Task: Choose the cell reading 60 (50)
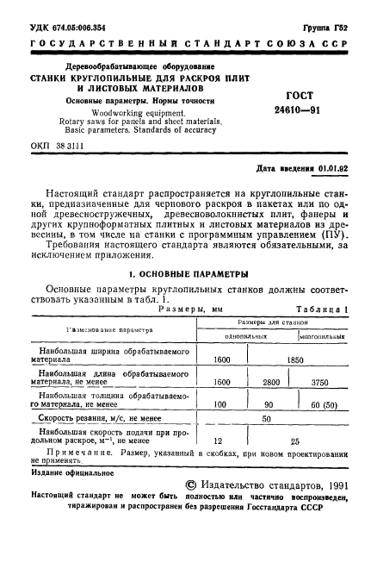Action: (324, 404)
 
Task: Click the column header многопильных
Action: (323, 335)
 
